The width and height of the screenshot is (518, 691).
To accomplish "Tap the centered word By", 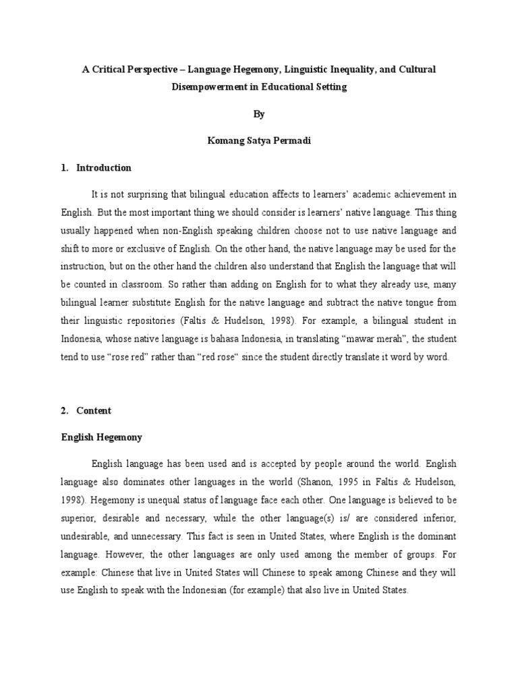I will click(259, 115).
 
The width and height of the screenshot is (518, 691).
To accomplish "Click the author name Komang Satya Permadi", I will click(259, 141).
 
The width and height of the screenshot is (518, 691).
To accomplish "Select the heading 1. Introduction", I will click(96, 167).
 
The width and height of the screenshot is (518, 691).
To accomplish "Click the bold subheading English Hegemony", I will click(98, 437).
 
